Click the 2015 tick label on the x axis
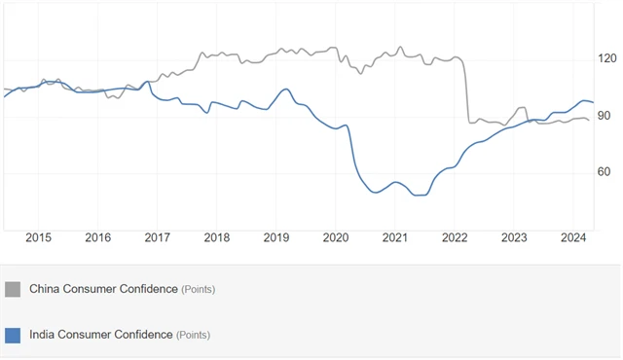39,237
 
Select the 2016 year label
98,237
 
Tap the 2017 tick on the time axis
158,237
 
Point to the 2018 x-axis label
217,237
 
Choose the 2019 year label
276,237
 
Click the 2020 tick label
336,237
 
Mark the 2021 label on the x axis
395,237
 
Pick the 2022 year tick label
455,237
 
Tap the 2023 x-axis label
514,237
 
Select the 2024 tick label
573,237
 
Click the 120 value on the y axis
607,58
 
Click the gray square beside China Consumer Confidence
13,289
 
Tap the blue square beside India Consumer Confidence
13,335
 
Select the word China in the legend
46,289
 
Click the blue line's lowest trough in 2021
420,196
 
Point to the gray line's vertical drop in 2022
466,92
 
